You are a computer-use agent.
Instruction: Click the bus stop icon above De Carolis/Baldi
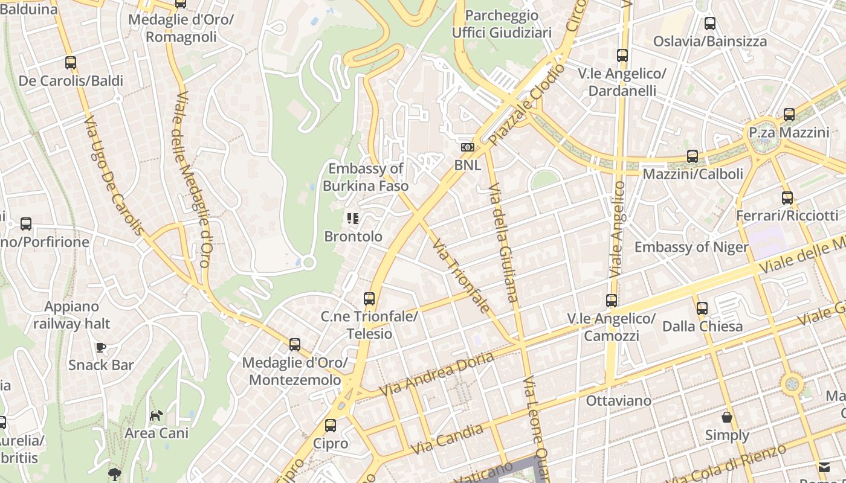tap(71, 62)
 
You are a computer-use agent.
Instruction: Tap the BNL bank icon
tap(467, 147)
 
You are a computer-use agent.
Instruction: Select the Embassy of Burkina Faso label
tap(365, 178)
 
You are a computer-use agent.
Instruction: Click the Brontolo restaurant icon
tap(353, 219)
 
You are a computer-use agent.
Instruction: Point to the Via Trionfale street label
tap(461, 275)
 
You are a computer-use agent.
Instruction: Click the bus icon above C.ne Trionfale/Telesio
tap(369, 298)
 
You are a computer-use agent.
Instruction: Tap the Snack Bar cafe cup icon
tap(101, 347)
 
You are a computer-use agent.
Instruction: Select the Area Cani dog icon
tap(157, 415)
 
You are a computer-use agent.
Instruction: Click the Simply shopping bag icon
tap(727, 417)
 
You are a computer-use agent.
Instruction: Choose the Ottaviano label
tap(619, 400)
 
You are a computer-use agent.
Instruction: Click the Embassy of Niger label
tap(691, 247)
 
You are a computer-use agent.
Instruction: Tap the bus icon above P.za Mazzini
tap(789, 114)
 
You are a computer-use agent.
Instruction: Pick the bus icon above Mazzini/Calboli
tap(693, 156)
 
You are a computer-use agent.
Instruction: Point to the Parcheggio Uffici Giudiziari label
tap(502, 24)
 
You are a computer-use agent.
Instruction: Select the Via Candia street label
tap(447, 440)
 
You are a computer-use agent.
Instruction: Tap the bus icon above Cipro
tap(330, 425)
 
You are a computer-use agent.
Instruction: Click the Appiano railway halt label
tap(71, 315)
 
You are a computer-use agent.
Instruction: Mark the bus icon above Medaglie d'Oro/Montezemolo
tap(294, 345)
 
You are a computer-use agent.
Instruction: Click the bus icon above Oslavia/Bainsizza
tap(710, 24)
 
